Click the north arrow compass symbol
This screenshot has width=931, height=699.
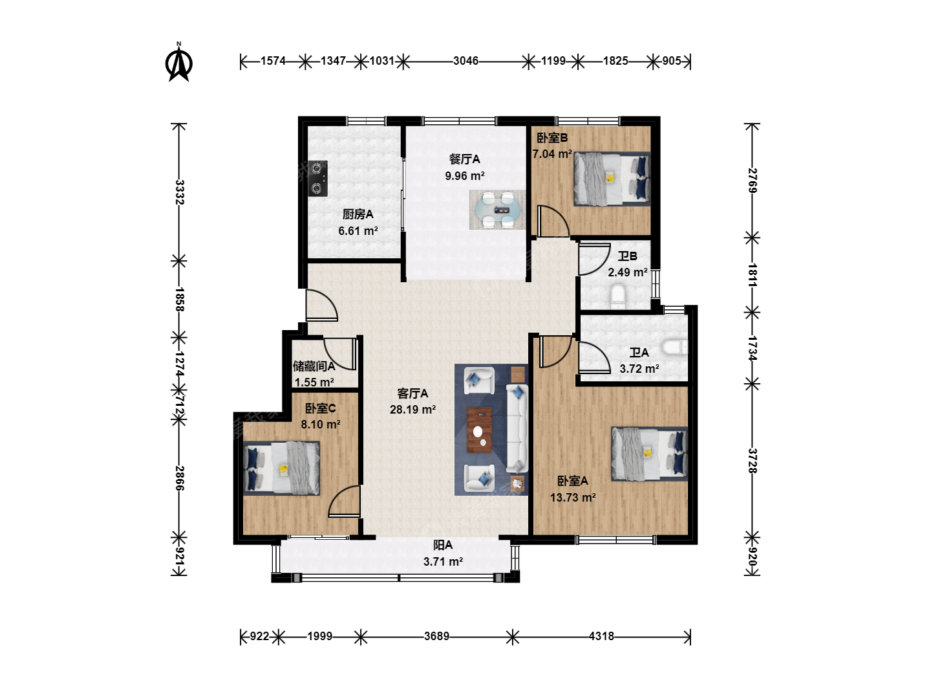coord(179,62)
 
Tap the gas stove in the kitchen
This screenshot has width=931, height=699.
coord(317,178)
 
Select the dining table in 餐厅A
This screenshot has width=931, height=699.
coord(497,210)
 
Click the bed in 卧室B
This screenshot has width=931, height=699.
coord(612,179)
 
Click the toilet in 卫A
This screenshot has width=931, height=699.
coord(674,347)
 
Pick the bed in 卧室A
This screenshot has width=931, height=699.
coord(649,454)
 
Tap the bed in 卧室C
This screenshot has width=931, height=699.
coord(282,468)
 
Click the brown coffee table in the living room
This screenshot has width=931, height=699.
coord(479,430)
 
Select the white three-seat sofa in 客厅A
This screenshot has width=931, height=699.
coord(517,428)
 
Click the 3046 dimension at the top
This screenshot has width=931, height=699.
coord(465,61)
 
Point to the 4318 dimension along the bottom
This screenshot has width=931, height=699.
coord(601,636)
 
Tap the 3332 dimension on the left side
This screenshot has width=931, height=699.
coord(180,192)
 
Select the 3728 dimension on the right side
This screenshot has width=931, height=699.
coord(753,460)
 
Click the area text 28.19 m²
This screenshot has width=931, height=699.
coord(412,410)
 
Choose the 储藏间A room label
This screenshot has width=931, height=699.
coord(314,366)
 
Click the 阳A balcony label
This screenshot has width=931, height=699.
coord(443,545)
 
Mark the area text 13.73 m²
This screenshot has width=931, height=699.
coord(573,497)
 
